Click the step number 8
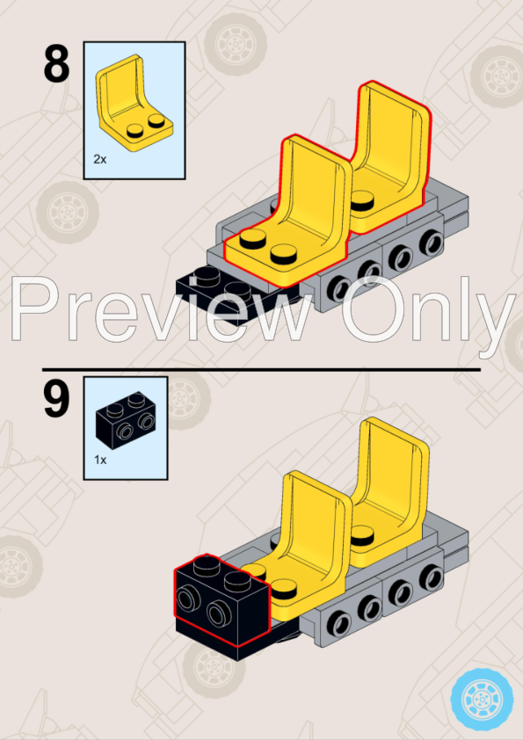point(56,65)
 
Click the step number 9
point(56,400)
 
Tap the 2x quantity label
point(100,160)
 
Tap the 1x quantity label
point(100,460)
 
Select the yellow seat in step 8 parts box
point(134,104)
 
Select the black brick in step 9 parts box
point(126,417)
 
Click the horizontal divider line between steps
point(262,369)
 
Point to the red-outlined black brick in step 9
point(222,599)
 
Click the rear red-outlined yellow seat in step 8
point(392,156)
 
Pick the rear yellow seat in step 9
point(392,490)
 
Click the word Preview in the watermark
point(162,308)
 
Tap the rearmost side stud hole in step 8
point(432,242)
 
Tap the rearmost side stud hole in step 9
point(432,577)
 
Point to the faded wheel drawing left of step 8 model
point(68,213)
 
